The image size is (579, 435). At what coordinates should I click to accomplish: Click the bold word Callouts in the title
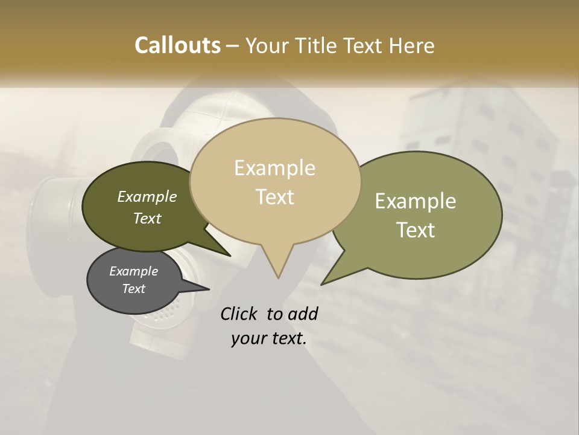177,45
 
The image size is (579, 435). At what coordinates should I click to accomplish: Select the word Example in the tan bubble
274,168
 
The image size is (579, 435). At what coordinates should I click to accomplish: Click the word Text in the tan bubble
275,196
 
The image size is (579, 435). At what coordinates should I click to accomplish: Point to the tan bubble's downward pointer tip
278,277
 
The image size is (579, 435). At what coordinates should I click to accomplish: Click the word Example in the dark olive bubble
147,197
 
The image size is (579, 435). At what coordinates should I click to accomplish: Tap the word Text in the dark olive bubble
147,218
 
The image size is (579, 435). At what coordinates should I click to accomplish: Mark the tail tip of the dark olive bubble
230,256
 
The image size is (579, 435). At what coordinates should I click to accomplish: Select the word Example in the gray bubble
133,271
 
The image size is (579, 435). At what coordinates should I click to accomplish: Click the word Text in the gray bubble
133,289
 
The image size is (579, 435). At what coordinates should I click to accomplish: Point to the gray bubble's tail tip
209,289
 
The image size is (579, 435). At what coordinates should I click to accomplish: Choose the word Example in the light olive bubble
416,201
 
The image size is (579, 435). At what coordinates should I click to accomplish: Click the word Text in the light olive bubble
416,230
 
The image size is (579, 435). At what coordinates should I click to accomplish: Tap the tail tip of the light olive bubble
321,284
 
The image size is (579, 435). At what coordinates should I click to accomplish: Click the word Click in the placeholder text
239,314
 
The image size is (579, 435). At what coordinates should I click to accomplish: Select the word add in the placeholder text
303,314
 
